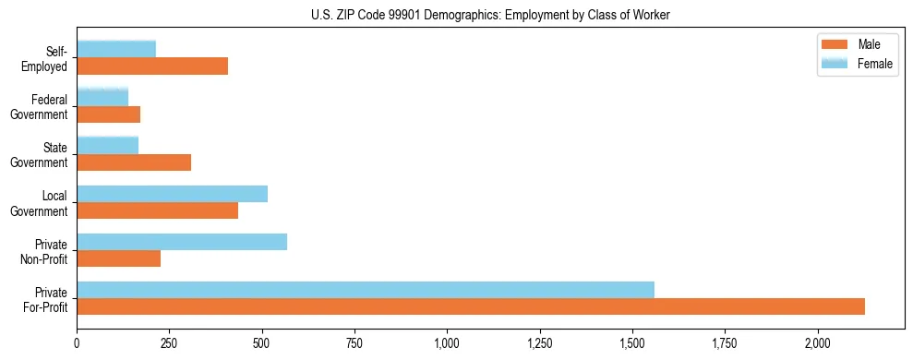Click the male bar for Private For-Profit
click(x=471, y=306)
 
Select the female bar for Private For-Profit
click(x=366, y=290)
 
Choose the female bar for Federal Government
click(x=102, y=97)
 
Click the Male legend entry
click(x=859, y=44)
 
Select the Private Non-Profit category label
click(x=48, y=250)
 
